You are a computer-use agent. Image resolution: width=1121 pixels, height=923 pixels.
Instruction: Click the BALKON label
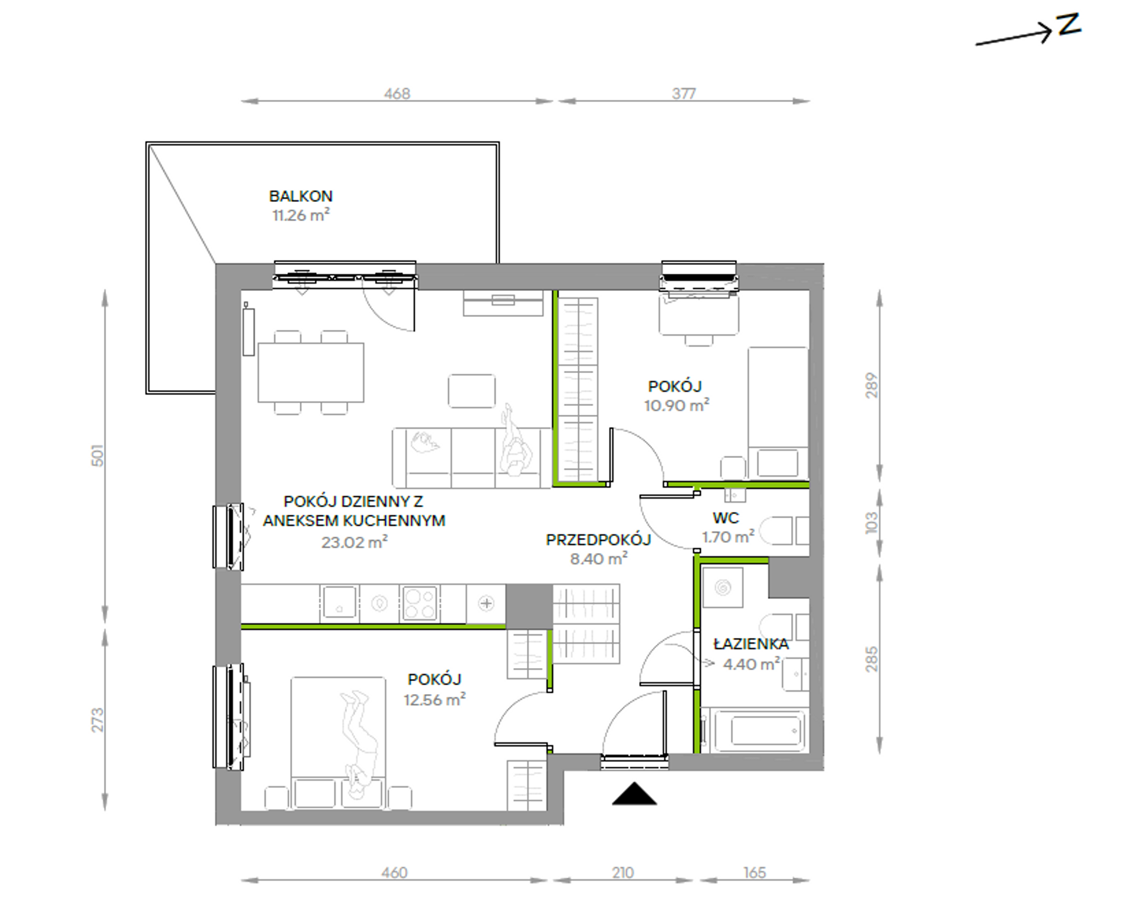(x=301, y=196)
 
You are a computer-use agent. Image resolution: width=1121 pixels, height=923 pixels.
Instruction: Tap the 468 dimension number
(x=397, y=93)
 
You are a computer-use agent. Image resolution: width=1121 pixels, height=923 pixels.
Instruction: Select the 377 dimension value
(x=684, y=93)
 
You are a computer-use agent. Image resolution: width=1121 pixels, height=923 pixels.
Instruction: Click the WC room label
(x=726, y=518)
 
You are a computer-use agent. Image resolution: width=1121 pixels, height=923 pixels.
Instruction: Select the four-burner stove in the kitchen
(x=419, y=603)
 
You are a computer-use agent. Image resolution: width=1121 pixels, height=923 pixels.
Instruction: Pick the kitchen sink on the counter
(x=339, y=603)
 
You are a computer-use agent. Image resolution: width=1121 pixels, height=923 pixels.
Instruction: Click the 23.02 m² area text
(x=355, y=542)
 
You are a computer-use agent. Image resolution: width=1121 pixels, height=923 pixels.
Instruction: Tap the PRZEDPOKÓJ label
(x=598, y=539)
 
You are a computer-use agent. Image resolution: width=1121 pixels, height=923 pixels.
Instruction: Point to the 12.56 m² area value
(x=435, y=700)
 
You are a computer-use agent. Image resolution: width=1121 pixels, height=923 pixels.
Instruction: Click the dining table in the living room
(x=311, y=372)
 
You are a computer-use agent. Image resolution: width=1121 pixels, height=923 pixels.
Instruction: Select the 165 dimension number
(x=755, y=872)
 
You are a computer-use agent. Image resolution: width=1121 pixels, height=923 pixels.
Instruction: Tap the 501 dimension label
(x=97, y=456)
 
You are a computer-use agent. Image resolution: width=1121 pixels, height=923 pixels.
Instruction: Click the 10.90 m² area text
(x=677, y=405)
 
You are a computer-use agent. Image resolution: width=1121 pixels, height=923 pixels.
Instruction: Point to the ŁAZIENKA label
(x=751, y=643)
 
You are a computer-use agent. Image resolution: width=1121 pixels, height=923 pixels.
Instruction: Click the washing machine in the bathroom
(x=723, y=588)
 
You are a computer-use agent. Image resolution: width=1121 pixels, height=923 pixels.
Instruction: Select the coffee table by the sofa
(x=471, y=391)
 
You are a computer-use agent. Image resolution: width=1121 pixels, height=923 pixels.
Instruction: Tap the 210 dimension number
(x=623, y=872)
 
